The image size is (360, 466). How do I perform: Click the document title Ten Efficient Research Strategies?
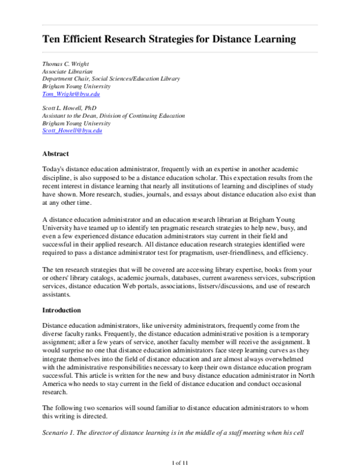tap(169, 40)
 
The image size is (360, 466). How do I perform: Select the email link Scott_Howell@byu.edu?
tap(72, 131)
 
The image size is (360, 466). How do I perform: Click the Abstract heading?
tap(55, 154)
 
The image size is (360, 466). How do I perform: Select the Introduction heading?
tap(62, 310)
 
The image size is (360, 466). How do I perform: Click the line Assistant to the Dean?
tap(113, 115)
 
